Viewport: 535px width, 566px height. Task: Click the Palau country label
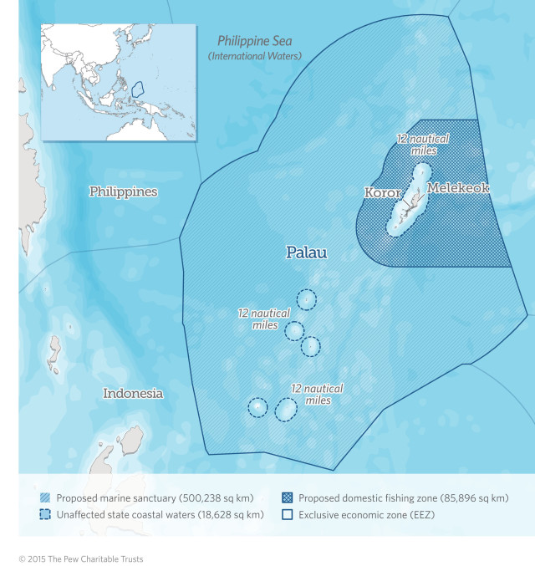click(307, 252)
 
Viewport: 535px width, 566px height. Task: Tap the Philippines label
click(124, 192)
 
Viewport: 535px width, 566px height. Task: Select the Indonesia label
click(133, 393)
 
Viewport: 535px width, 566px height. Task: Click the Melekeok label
click(458, 189)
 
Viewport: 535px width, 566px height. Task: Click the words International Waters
click(255, 56)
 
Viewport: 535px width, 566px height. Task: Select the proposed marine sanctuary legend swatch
click(45, 498)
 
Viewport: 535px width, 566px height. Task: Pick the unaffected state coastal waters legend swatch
click(45, 515)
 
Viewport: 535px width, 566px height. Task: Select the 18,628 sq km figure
click(230, 515)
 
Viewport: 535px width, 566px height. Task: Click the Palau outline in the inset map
click(139, 87)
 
